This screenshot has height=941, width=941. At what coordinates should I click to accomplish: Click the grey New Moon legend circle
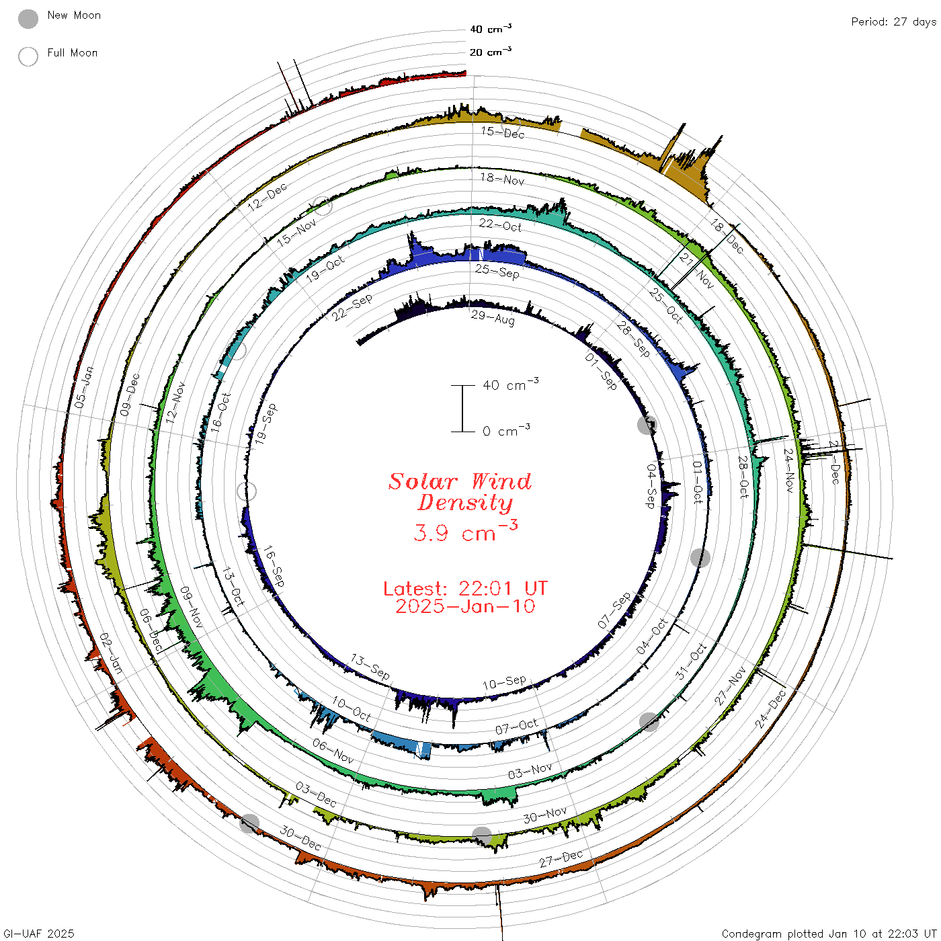pyautogui.click(x=28, y=19)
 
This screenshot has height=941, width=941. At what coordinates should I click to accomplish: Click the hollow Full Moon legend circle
pyautogui.click(x=28, y=56)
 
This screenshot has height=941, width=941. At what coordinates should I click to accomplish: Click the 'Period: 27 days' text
pyautogui.click(x=893, y=22)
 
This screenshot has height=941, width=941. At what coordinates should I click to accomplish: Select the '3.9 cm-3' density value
pyautogui.click(x=465, y=531)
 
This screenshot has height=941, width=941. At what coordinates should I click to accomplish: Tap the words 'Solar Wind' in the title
pyautogui.click(x=460, y=481)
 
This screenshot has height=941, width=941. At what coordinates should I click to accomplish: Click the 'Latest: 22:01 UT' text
pyautogui.click(x=465, y=588)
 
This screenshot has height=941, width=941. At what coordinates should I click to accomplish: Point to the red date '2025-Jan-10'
pyautogui.click(x=465, y=606)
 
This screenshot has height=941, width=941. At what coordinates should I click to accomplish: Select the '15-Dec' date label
pyautogui.click(x=503, y=132)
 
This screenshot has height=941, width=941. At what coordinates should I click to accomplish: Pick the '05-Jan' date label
pyautogui.click(x=84, y=387)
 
